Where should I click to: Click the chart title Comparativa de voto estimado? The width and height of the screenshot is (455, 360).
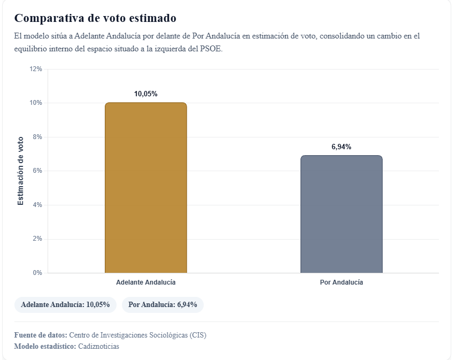(x=95, y=18)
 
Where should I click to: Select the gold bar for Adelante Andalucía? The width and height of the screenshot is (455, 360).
(x=146, y=187)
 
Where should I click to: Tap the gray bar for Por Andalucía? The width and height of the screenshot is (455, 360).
(x=341, y=214)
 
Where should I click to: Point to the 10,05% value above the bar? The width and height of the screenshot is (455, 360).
(x=146, y=94)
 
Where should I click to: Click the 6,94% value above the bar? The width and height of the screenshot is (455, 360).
(x=341, y=147)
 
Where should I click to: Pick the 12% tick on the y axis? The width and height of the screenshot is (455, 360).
(x=36, y=69)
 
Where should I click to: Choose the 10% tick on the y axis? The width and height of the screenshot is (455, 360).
(x=36, y=103)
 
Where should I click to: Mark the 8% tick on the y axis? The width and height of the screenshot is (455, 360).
(x=37, y=137)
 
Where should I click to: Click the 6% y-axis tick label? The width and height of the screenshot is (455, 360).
(x=37, y=171)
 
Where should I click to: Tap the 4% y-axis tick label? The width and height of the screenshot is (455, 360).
(x=37, y=205)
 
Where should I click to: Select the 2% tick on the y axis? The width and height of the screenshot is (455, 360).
(x=37, y=239)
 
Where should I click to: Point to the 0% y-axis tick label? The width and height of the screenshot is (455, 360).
(x=37, y=273)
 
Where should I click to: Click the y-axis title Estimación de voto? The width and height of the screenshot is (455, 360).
(x=21, y=171)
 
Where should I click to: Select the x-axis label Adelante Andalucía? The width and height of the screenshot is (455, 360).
(x=146, y=282)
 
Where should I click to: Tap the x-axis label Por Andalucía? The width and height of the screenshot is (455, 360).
(x=341, y=282)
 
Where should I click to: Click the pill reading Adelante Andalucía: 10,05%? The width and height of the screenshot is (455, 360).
(x=65, y=304)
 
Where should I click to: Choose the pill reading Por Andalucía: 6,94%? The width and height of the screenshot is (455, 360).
(x=163, y=304)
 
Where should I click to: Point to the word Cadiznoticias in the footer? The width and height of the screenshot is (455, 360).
(x=98, y=346)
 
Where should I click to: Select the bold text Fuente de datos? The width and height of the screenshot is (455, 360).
(x=41, y=335)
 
